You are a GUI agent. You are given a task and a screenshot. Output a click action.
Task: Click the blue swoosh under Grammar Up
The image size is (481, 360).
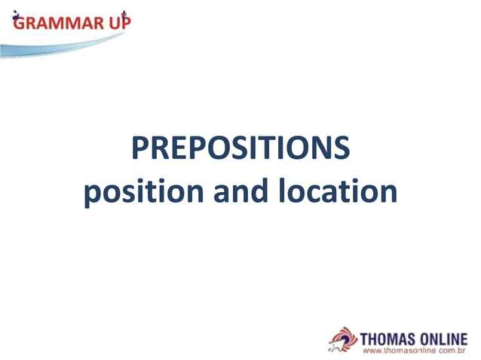point(60,47)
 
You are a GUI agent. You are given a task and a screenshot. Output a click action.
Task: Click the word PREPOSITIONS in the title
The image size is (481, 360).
point(240,149)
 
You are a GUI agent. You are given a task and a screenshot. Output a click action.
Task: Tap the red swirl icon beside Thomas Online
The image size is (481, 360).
point(343,340)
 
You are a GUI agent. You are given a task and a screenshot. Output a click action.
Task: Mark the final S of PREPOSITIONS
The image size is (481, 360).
point(341,149)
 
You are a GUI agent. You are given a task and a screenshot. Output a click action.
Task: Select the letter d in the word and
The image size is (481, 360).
point(259,191)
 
